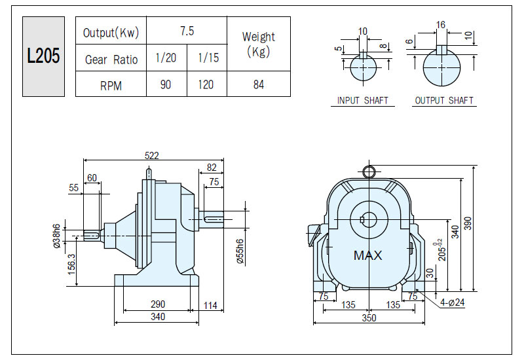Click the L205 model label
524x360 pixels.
[43, 56]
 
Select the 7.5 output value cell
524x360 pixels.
[187, 31]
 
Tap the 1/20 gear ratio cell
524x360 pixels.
[166, 58]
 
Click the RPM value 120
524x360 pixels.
[206, 84]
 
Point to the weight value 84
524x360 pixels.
[259, 84]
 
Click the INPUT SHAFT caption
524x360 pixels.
[363, 101]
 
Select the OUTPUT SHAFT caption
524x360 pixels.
[444, 101]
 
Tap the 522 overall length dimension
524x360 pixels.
[152, 156]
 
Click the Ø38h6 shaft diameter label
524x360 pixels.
[57, 236]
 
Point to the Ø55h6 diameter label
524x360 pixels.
[240, 251]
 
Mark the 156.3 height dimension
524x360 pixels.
[72, 264]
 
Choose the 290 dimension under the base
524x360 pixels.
[158, 304]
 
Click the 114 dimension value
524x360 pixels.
[210, 305]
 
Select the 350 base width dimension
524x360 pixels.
[369, 317]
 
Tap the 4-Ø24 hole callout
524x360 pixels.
[453, 302]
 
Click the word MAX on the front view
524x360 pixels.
[367, 255]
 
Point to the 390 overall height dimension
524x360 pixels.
[468, 223]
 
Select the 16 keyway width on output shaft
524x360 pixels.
[440, 25]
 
